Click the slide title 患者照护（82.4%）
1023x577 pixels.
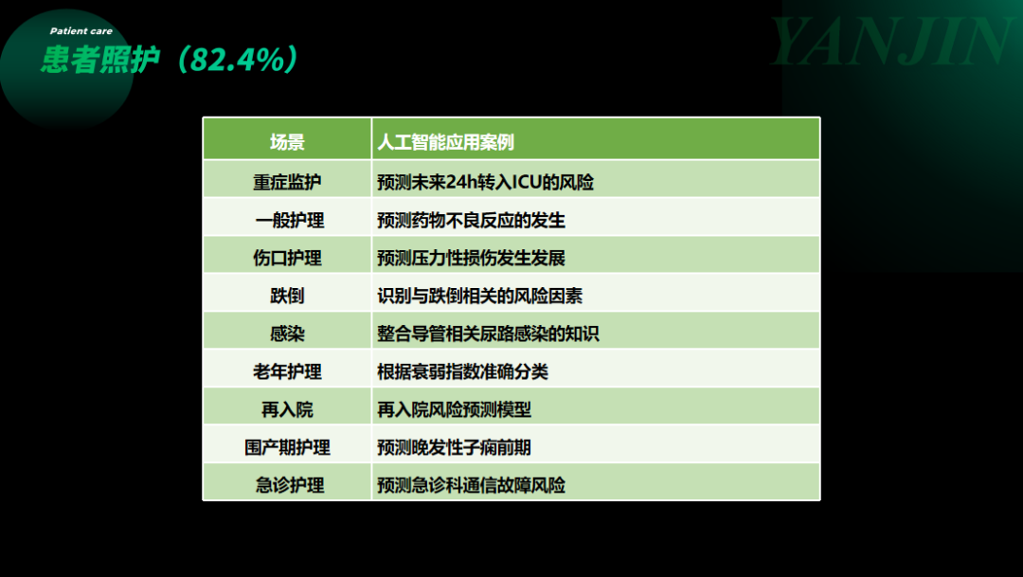[170, 60]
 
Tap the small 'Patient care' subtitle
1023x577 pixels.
[81, 30]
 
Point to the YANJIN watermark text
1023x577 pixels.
[890, 42]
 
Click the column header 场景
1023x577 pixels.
[287, 141]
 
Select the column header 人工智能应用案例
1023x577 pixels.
[445, 141]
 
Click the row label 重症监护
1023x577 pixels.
[287, 182]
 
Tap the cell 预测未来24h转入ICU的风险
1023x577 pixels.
[485, 182]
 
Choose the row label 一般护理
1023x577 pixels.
[290, 220]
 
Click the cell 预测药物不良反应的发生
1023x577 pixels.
[471, 220]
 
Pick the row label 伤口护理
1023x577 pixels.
[287, 258]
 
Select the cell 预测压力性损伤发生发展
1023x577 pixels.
[471, 258]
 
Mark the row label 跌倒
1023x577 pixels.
[287, 296]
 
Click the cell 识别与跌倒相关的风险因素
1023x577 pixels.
[479, 296]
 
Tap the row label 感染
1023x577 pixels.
[287, 334]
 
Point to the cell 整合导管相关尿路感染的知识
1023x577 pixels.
[488, 334]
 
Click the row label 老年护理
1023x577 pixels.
[287, 371]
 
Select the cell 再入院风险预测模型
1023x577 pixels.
[454, 409]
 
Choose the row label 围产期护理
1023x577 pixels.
[287, 447]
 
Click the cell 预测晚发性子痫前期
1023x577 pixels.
[454, 447]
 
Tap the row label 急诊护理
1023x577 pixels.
[290, 485]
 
